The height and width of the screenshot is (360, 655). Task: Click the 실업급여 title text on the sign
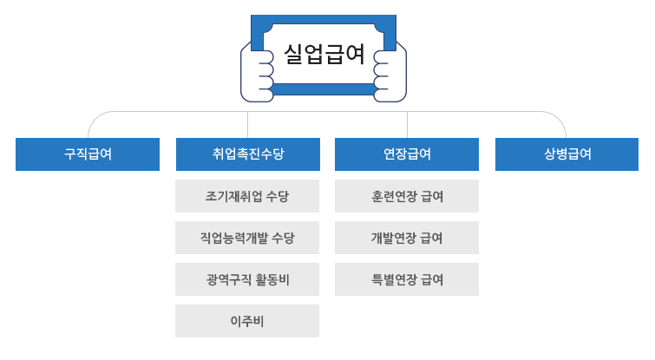click(324, 54)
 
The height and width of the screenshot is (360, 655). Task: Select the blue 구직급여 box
click(88, 154)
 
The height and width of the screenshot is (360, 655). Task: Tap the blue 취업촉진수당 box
click(247, 154)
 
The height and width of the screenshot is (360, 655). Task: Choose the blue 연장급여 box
click(407, 154)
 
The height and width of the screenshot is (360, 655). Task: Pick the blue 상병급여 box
click(567, 154)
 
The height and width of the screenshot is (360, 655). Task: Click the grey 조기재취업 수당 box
click(247, 196)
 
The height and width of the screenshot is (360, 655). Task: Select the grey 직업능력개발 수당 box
click(247, 238)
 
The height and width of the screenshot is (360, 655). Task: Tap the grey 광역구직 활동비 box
click(247, 279)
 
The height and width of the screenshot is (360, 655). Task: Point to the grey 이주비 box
click(247, 321)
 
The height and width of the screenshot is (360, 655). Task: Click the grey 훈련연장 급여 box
click(407, 196)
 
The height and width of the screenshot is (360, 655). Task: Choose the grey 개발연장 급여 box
click(407, 238)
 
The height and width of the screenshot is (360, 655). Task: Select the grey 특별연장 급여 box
click(407, 279)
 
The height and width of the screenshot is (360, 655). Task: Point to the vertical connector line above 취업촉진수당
click(247, 124)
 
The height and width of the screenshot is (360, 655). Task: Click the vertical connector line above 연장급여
click(407, 124)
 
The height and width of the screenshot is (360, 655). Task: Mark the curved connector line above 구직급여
click(93, 121)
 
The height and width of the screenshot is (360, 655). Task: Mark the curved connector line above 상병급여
click(561, 121)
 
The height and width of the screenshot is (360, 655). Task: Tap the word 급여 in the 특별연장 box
click(431, 279)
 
